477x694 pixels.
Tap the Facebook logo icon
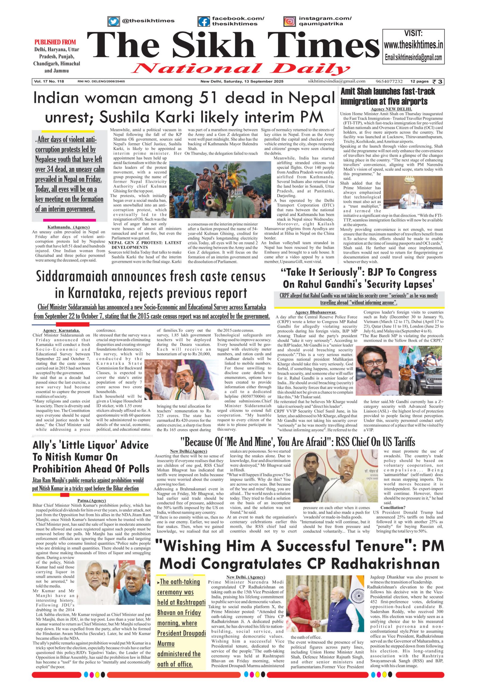pos(204,21)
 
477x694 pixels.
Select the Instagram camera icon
pos(289,21)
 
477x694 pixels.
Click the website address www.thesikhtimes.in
pos(413,45)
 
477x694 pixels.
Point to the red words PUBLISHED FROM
pos(55,42)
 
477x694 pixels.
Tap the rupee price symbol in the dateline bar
pos(435,82)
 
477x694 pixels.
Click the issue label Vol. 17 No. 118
pos(49,82)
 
